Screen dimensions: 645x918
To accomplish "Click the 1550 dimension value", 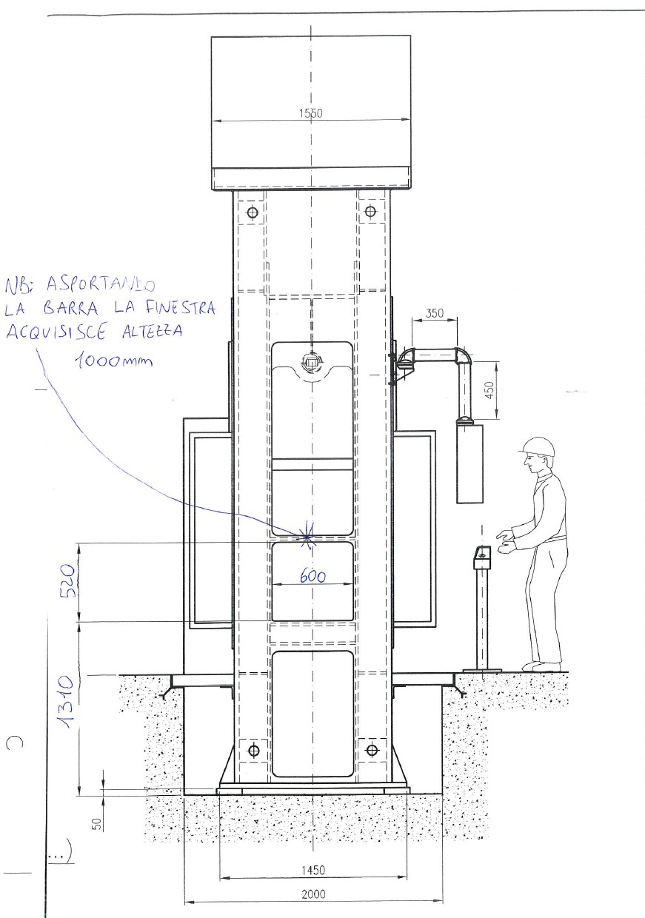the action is click(x=311, y=113).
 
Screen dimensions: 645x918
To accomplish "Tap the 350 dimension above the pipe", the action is click(x=434, y=313).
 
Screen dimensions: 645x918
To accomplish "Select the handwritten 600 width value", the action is click(x=313, y=577).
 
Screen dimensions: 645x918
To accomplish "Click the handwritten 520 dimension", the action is click(x=68, y=581).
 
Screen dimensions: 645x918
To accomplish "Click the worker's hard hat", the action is click(x=537, y=446).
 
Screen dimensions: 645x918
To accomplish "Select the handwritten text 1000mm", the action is click(x=113, y=361).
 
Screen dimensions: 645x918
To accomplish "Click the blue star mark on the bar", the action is click(x=307, y=537).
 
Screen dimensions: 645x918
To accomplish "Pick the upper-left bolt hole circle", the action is click(x=253, y=212).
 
